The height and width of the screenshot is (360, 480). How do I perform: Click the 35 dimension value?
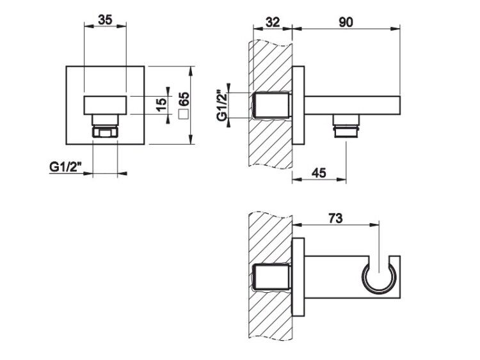click(105, 20)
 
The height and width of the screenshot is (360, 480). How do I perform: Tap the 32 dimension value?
click(273, 22)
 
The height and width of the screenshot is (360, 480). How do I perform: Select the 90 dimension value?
click(346, 22)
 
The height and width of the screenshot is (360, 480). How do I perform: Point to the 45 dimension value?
click(319, 173)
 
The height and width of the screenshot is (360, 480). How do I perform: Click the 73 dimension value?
click(335, 219)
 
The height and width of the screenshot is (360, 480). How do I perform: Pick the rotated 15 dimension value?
click(161, 105)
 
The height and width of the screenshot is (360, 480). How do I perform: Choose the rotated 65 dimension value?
click(184, 99)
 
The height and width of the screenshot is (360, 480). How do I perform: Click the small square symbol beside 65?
click(184, 114)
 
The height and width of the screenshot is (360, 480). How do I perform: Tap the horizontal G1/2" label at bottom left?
click(66, 168)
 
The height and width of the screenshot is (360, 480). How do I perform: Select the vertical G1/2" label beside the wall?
click(222, 105)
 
